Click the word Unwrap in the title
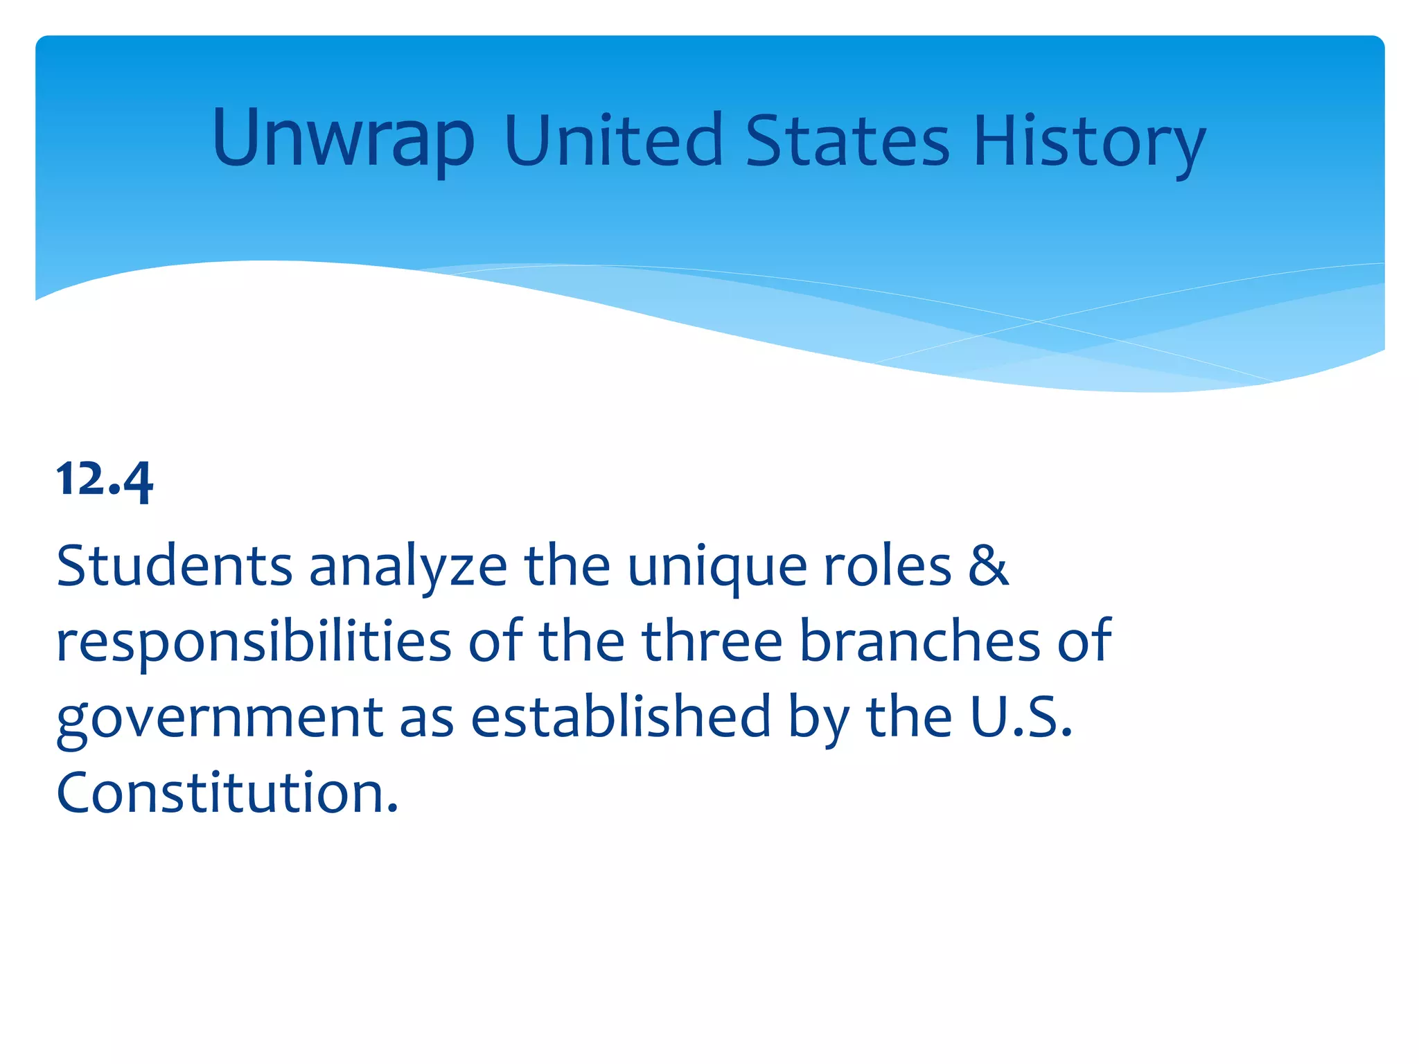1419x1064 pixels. [x=343, y=141]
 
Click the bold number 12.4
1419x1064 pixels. [x=105, y=479]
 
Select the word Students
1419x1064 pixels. [x=174, y=566]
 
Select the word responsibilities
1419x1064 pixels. [x=254, y=643]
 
